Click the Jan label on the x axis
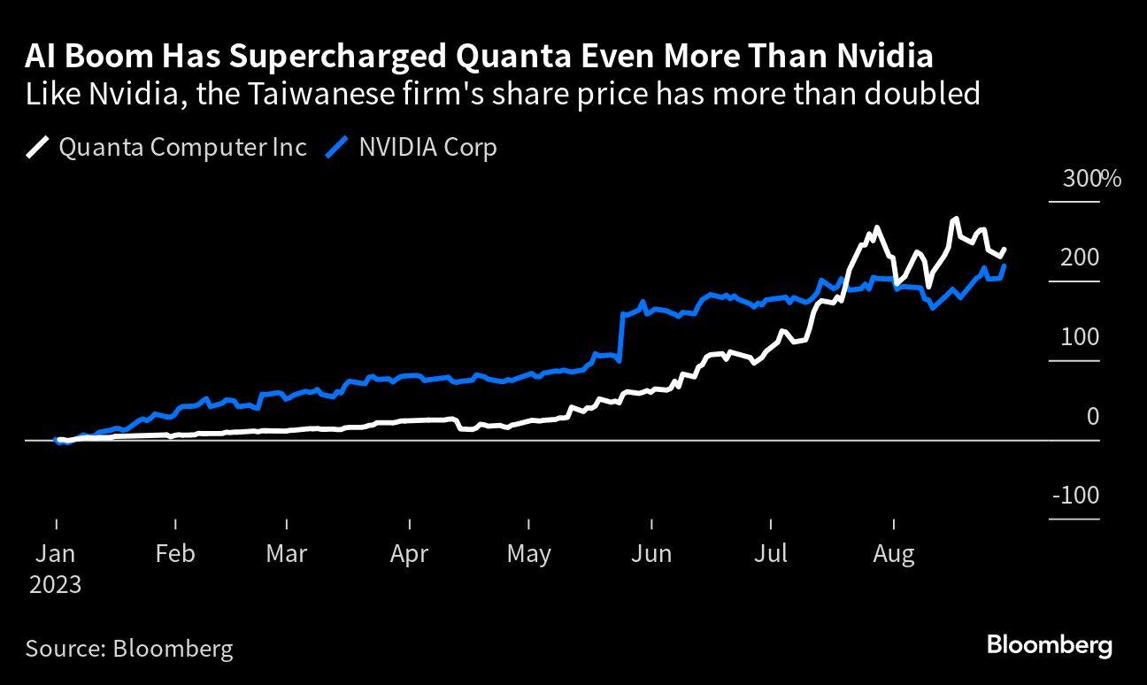(x=55, y=554)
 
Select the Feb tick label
(x=174, y=554)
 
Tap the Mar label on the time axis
(x=286, y=554)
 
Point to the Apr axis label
(x=409, y=554)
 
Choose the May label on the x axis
(x=528, y=554)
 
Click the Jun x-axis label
(x=651, y=554)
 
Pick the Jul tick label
(x=772, y=554)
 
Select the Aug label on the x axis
(x=893, y=554)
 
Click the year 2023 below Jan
(x=54, y=585)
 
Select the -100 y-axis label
(x=1075, y=496)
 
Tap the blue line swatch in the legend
(x=336, y=147)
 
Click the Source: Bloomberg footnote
(x=129, y=648)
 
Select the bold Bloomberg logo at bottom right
(x=1049, y=645)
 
